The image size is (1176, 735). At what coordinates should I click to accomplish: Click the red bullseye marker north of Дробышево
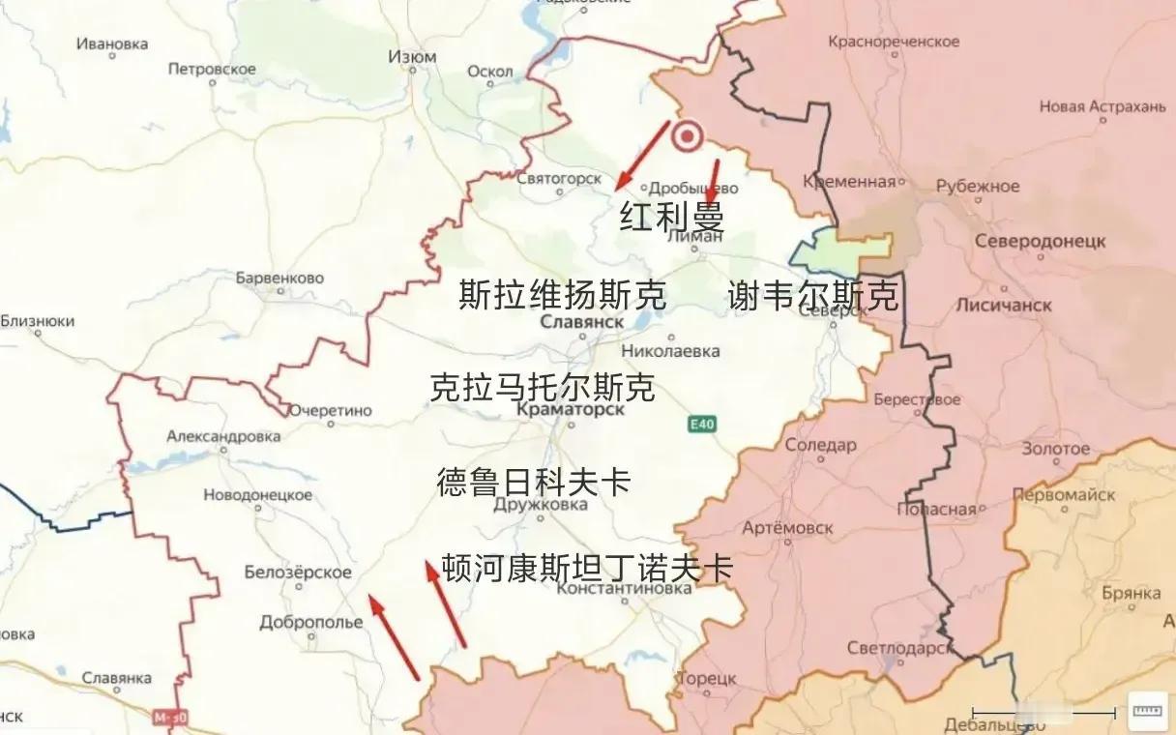(x=688, y=137)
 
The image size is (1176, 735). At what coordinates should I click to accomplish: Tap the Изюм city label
(x=412, y=57)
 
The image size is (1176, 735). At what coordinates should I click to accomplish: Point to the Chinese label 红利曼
(x=672, y=217)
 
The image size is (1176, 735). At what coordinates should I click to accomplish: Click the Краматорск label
(x=572, y=410)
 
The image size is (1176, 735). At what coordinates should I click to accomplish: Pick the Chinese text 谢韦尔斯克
(x=812, y=296)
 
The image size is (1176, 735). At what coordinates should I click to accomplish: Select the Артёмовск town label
(x=787, y=527)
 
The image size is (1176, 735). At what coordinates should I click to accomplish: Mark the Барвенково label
(x=279, y=279)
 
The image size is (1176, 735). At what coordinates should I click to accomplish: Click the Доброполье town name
(x=311, y=623)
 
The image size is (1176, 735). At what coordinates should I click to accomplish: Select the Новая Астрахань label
(x=1102, y=106)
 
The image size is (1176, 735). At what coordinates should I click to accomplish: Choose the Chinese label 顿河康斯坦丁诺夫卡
(x=587, y=568)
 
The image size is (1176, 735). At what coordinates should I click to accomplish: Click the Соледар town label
(x=820, y=446)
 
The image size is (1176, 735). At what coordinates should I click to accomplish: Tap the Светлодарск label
(x=899, y=648)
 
